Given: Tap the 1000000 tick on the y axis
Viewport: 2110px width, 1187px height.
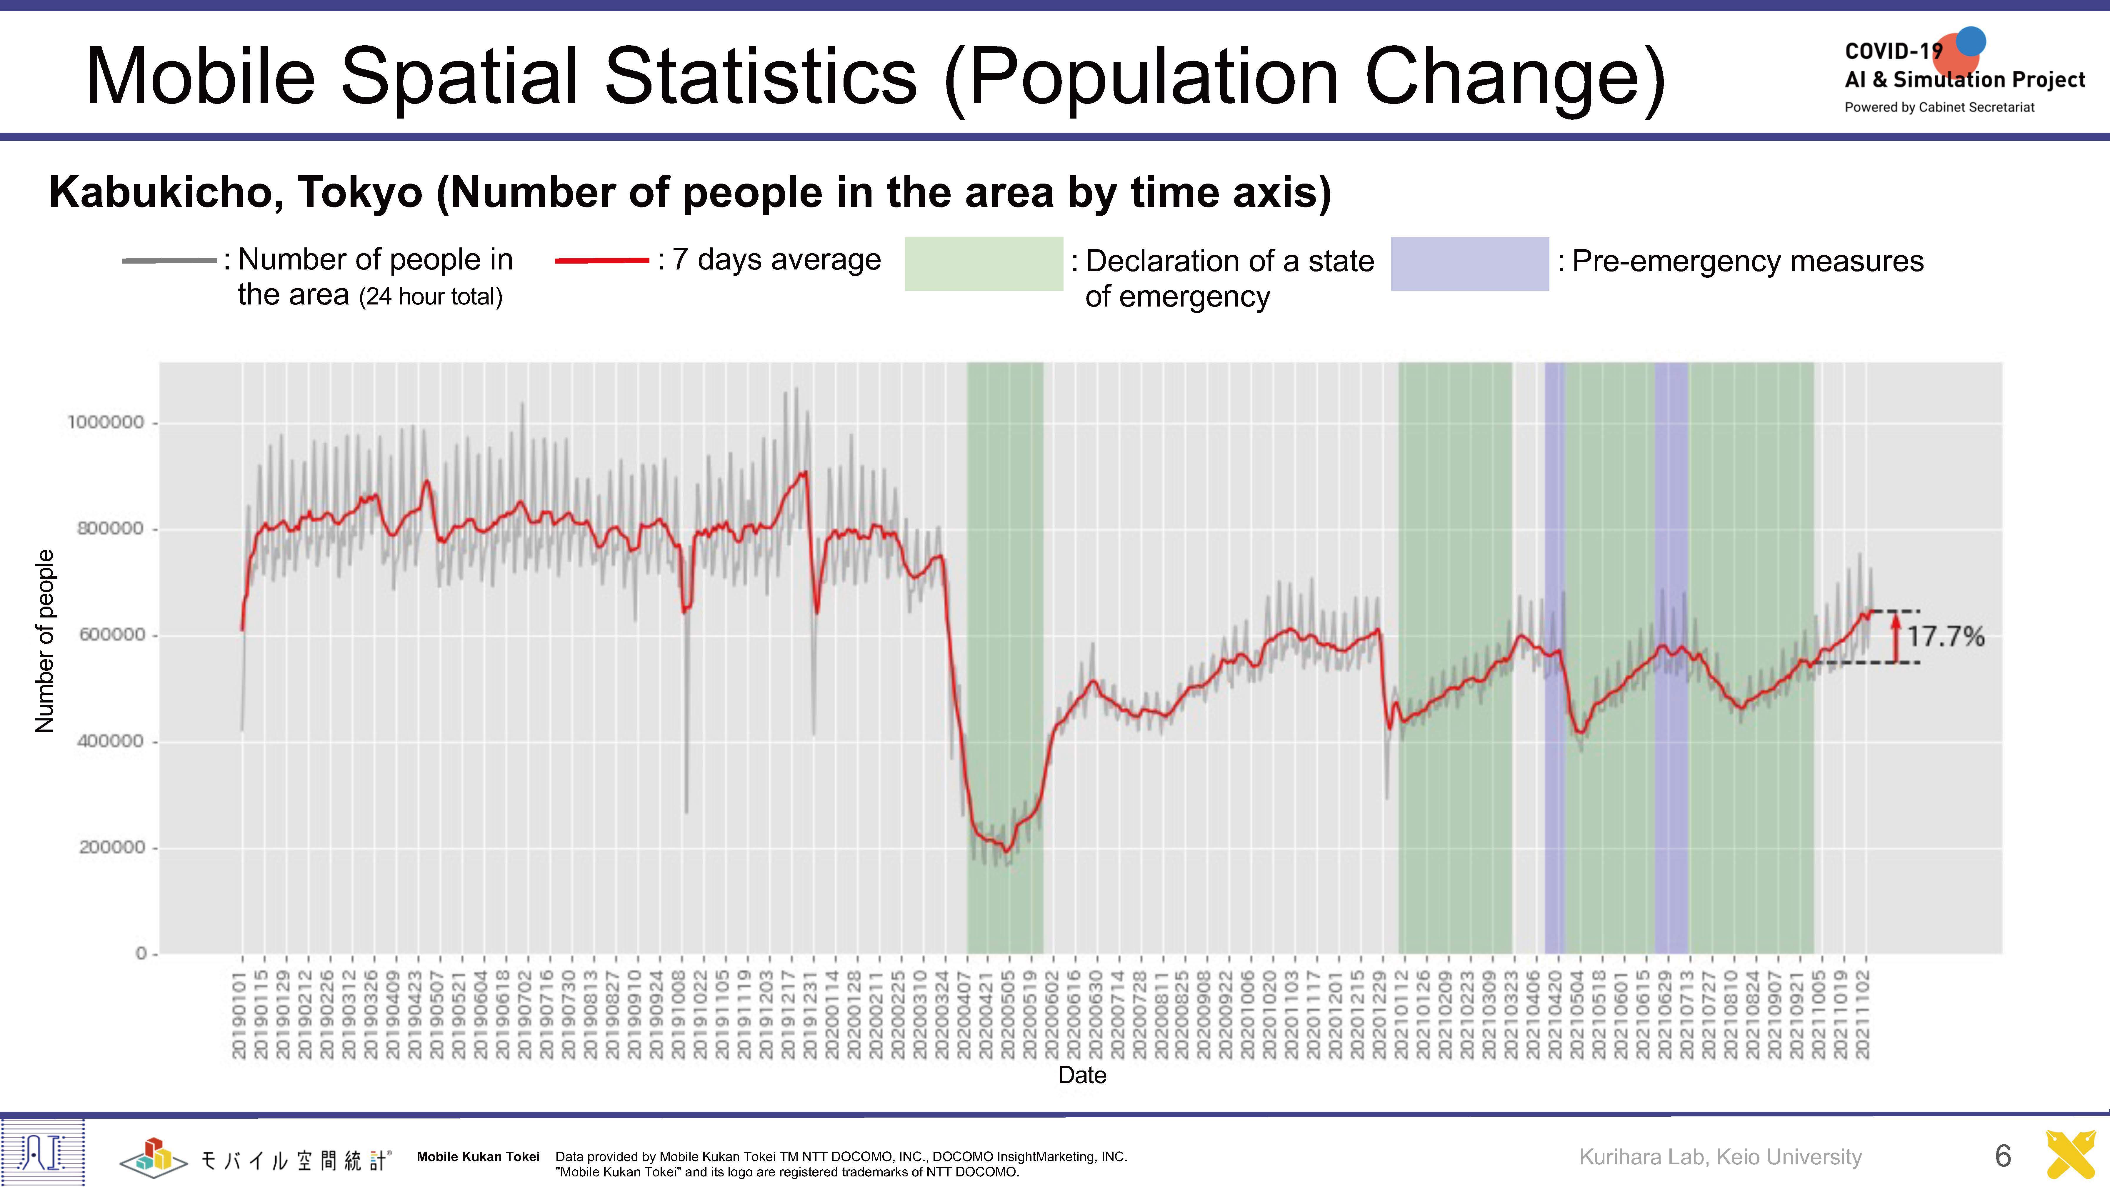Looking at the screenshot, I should click(106, 423).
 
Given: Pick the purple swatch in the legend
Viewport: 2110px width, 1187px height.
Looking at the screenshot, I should click(1469, 264).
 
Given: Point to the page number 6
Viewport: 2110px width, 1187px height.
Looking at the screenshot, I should click(2003, 1156).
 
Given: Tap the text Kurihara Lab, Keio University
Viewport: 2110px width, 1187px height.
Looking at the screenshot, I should click(1720, 1157).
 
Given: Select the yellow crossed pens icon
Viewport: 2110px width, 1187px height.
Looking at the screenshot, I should click(2071, 1155).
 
